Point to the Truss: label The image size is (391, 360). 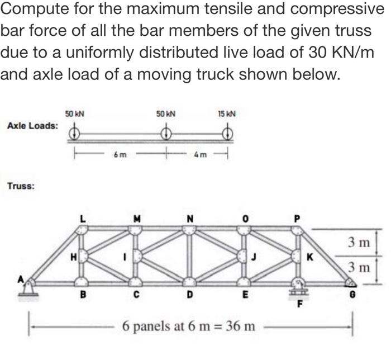pyautogui.click(x=21, y=184)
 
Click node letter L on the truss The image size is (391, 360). pyautogui.click(x=82, y=219)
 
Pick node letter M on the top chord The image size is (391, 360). pyautogui.click(x=137, y=219)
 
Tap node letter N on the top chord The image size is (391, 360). pyautogui.click(x=190, y=219)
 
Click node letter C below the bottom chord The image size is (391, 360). pyautogui.click(x=137, y=293)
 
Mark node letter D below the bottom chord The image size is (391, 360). pyautogui.click(x=190, y=293)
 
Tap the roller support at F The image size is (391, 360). pyautogui.click(x=298, y=287)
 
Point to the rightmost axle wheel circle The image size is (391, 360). pyautogui.click(x=227, y=133)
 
